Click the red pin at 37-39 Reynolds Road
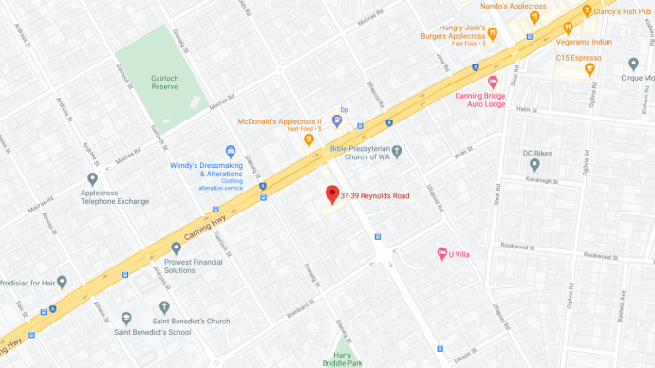pyautogui.click(x=331, y=195)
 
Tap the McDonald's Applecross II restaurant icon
pyautogui.click(x=309, y=139)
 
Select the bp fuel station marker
pyautogui.click(x=336, y=121)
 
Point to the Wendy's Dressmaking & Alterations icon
pyautogui.click(x=230, y=152)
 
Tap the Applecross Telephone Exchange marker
pyautogui.click(x=92, y=178)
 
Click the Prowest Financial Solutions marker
pyautogui.click(x=176, y=248)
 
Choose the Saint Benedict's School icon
pyautogui.click(x=127, y=318)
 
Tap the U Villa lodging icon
pyautogui.click(x=440, y=253)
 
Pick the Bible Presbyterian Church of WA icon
pyautogui.click(x=397, y=151)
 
